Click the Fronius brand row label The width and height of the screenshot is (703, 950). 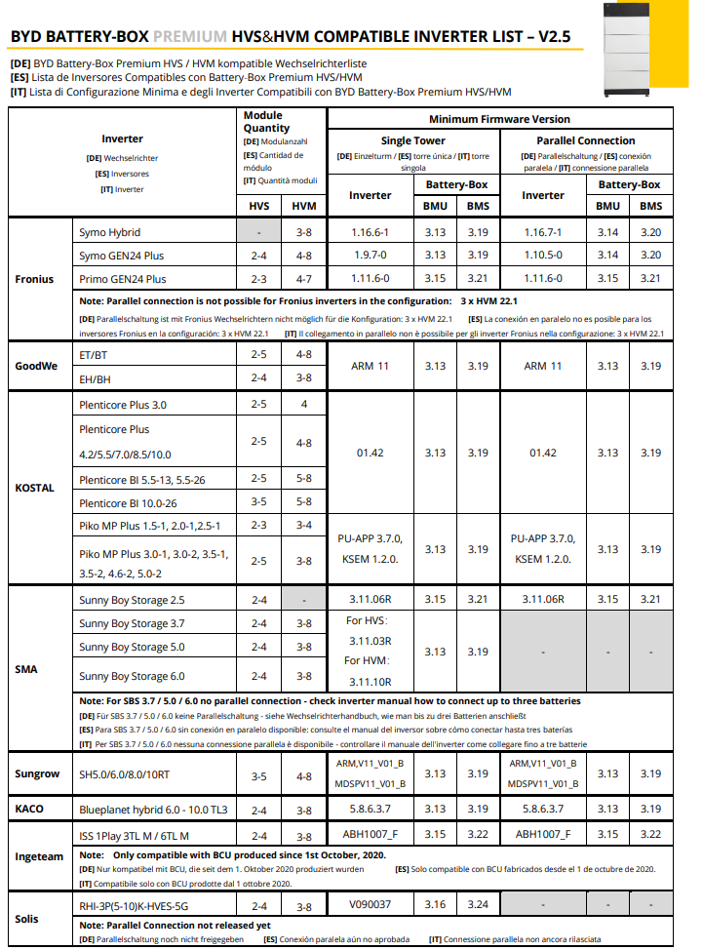pyautogui.click(x=35, y=279)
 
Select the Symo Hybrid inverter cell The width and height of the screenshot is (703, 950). pyautogui.click(x=110, y=232)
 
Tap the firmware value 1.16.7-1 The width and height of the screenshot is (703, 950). pyautogui.click(x=543, y=232)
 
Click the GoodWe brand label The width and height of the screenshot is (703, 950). pyautogui.click(x=38, y=366)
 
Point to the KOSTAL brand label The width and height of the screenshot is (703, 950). pyautogui.click(x=35, y=488)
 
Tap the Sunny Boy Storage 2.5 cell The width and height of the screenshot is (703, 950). pyautogui.click(x=132, y=599)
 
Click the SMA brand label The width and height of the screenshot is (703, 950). pyautogui.click(x=26, y=670)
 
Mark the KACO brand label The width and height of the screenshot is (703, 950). pyautogui.click(x=30, y=810)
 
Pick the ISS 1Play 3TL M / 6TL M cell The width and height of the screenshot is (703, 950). pyautogui.click(x=135, y=835)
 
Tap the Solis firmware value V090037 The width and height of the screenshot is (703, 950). pyautogui.click(x=370, y=904)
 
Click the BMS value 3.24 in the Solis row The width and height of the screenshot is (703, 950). pyautogui.click(x=477, y=904)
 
